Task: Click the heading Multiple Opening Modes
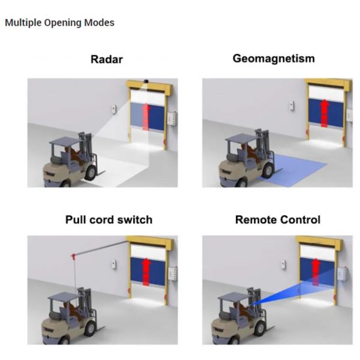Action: tap(59, 23)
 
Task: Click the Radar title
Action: tap(107, 59)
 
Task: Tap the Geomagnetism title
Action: tap(273, 59)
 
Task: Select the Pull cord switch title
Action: tap(109, 220)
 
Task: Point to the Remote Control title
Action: tap(278, 220)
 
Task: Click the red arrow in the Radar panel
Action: tap(146, 115)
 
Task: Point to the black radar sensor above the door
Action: tap(146, 79)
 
